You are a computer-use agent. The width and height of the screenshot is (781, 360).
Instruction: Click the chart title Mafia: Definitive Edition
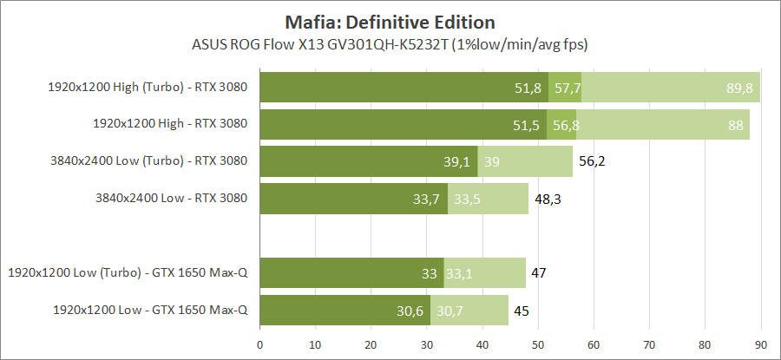tap(390, 21)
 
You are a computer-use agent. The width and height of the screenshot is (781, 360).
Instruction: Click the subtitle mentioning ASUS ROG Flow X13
tap(390, 43)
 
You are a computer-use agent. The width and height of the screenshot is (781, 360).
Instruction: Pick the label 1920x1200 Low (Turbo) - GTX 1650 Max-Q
tap(128, 272)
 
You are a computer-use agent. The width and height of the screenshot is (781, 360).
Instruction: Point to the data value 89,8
tap(739, 88)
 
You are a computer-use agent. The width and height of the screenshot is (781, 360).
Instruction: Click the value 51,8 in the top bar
tap(528, 88)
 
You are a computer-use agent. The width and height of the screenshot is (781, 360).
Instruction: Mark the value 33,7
tap(426, 199)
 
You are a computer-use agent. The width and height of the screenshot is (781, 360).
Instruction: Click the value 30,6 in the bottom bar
tap(409, 310)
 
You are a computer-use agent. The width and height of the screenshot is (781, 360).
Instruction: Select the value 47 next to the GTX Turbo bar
tap(539, 273)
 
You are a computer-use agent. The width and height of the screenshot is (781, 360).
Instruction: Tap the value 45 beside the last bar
tap(521, 310)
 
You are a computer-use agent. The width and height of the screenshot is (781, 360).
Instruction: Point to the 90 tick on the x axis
tap(761, 344)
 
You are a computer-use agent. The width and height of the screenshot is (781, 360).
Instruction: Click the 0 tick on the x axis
tap(260, 344)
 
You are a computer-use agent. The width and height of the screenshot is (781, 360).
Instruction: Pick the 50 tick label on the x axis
tap(538, 344)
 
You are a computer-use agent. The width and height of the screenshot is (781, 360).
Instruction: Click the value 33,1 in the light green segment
tap(458, 273)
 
